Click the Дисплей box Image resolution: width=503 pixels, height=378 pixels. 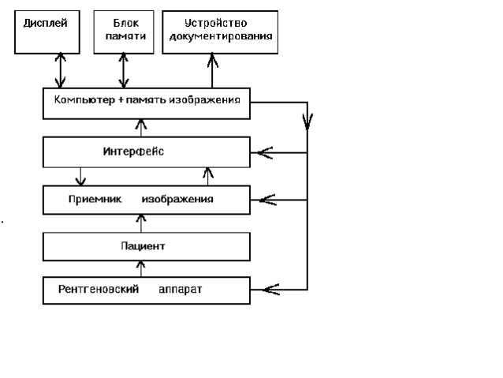(x=47, y=32)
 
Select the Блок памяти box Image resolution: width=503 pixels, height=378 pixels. (x=122, y=32)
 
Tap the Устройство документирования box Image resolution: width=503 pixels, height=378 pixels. (x=219, y=32)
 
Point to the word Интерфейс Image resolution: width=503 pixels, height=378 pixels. (x=133, y=151)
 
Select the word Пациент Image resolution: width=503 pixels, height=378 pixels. (x=142, y=246)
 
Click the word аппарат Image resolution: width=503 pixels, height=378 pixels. (x=181, y=290)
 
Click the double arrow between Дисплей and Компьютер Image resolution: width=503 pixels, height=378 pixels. (x=61, y=70)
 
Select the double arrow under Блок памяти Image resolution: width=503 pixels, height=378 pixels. (x=123, y=70)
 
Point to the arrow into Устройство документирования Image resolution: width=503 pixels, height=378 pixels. (x=211, y=70)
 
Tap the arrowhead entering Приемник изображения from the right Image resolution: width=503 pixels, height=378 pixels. (x=266, y=200)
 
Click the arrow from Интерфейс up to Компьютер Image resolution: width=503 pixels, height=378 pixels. (x=142, y=127)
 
